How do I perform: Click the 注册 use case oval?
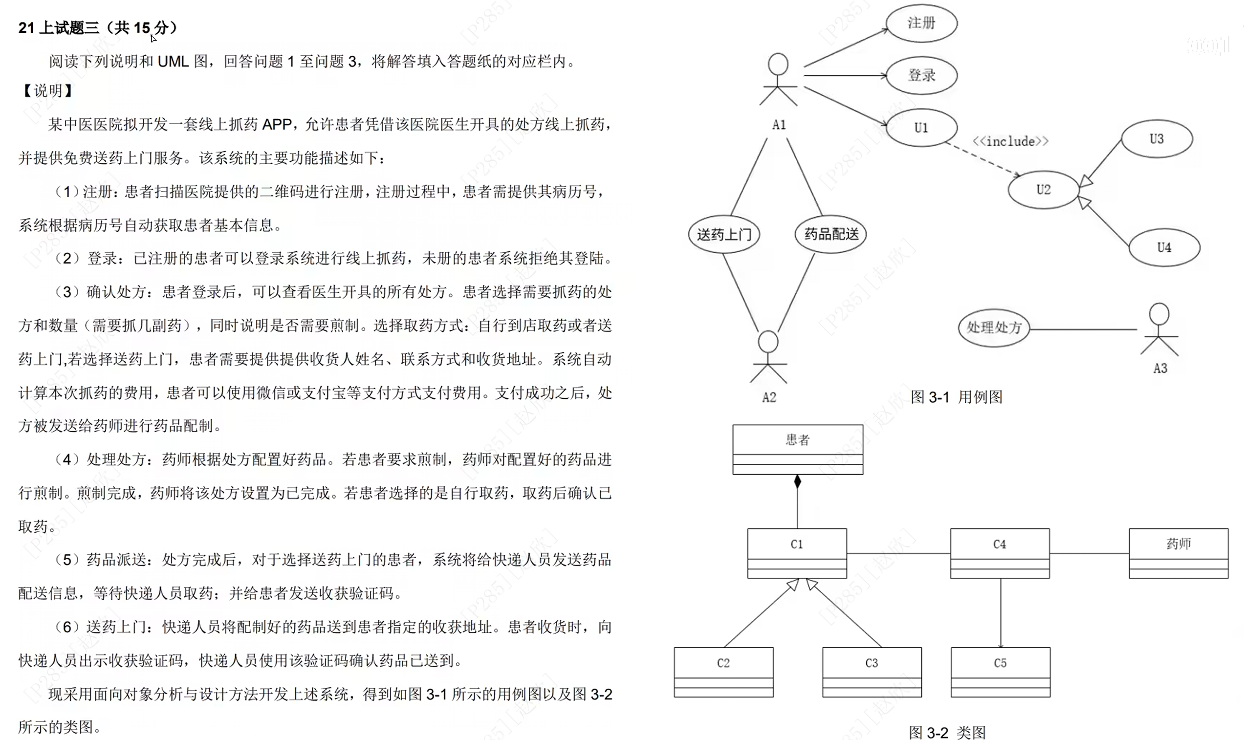[x=921, y=23]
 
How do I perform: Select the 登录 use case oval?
[x=921, y=75]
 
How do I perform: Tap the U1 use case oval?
[x=921, y=128]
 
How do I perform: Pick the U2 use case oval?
[x=1043, y=190]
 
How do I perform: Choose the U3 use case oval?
[x=1156, y=139]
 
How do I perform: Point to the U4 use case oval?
[x=1164, y=247]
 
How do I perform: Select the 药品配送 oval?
[x=830, y=234]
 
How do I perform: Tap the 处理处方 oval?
[x=994, y=327]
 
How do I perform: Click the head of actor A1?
[x=778, y=65]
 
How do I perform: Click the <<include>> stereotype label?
[x=1010, y=142]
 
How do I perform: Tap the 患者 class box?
[x=797, y=449]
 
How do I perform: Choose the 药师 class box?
[x=1178, y=553]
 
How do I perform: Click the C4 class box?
[x=999, y=553]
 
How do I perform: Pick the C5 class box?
[x=1000, y=672]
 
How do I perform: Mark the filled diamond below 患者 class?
[x=797, y=482]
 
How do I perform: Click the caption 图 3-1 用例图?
[x=956, y=397]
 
